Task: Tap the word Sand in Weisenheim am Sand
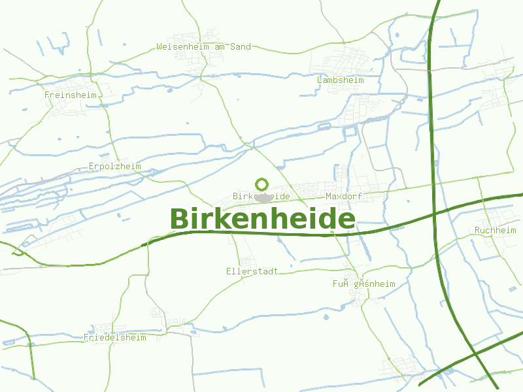pos(240,47)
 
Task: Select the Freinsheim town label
pos(71,95)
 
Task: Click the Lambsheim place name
pos(340,80)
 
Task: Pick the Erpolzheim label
pos(115,167)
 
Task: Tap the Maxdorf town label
pos(344,196)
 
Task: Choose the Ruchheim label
pos(496,231)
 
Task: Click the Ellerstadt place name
pos(252,271)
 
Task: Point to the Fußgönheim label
pos(364,284)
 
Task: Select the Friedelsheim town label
pos(115,338)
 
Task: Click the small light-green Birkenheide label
pos(261,196)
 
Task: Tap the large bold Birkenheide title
pos(263,219)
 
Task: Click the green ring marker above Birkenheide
pos(262,184)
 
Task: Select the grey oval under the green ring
pos(263,197)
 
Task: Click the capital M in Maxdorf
pos(328,196)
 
